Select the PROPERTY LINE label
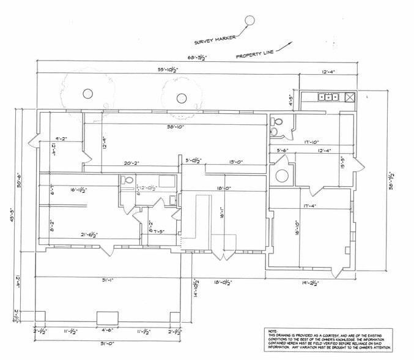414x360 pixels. coord(255,56)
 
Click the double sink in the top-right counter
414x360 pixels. coord(328,96)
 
